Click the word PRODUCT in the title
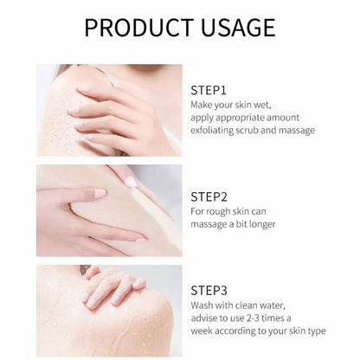coord(138,28)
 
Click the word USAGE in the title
coord(238,28)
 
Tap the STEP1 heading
coord(209,90)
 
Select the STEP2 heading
coord(209,196)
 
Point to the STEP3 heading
coord(209,291)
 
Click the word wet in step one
coord(262,105)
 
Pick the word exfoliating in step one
coord(212,130)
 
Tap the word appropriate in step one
coord(240,119)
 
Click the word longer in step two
coord(262,224)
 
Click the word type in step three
coord(317,331)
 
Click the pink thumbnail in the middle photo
coord(100,193)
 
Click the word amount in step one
coord(283,118)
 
